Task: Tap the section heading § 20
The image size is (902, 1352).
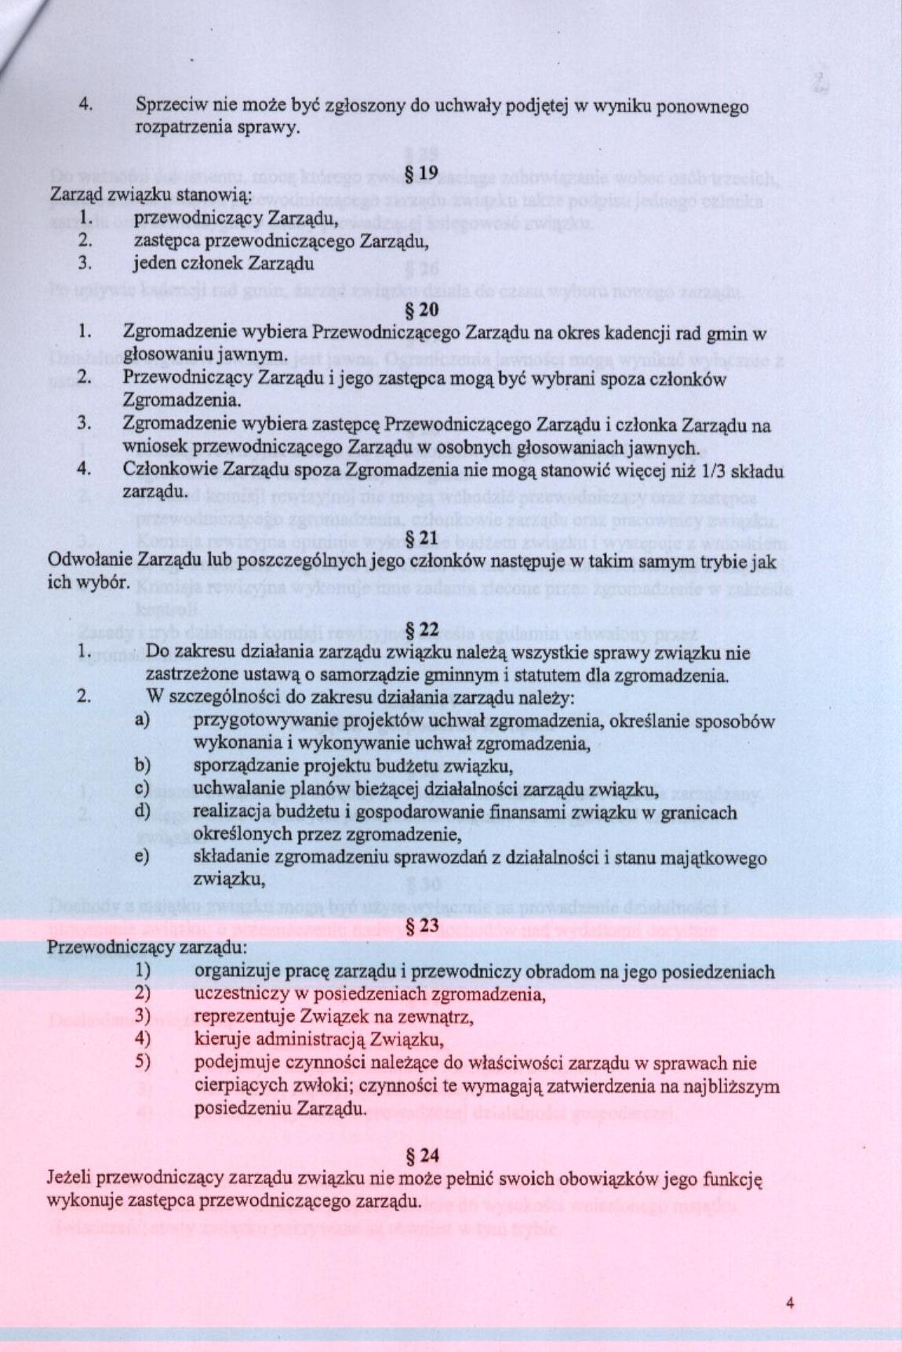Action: pyautogui.click(x=423, y=309)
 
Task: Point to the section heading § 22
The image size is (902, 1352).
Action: pyautogui.click(x=423, y=629)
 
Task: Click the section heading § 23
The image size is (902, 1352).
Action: pyautogui.click(x=423, y=926)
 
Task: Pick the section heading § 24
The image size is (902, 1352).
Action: pyautogui.click(x=423, y=1155)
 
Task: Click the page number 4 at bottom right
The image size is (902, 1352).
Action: pyautogui.click(x=790, y=1303)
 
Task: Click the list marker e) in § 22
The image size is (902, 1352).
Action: pyautogui.click(x=142, y=858)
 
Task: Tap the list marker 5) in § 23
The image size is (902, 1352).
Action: pyautogui.click(x=142, y=1063)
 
